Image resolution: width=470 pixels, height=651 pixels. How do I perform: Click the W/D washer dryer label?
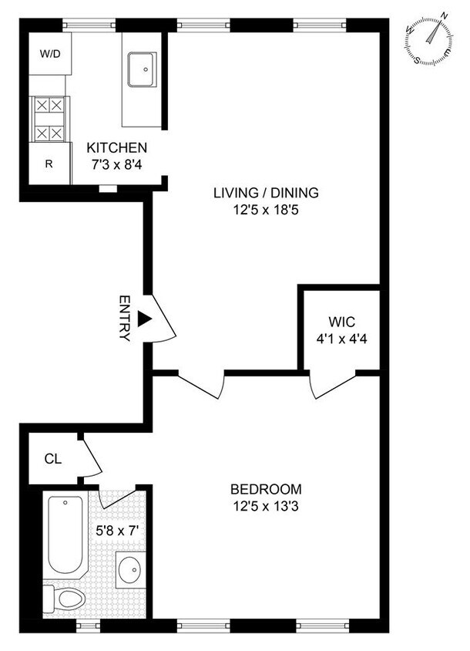pyautogui.click(x=49, y=54)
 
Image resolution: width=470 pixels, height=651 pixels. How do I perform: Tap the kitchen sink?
pyautogui.click(x=142, y=70)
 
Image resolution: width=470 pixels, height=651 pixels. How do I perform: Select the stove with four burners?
pyautogui.click(x=49, y=120)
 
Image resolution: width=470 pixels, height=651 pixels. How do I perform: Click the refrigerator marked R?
pyautogui.click(x=49, y=164)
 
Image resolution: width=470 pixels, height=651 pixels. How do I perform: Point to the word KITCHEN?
pyautogui.click(x=116, y=147)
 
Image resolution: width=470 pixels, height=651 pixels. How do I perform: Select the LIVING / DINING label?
pyautogui.click(x=266, y=193)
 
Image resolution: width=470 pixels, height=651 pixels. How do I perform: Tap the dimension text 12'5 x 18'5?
pyautogui.click(x=266, y=209)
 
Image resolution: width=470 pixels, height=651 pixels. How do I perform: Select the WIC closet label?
pyautogui.click(x=340, y=321)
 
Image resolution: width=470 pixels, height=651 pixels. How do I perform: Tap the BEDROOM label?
pyautogui.click(x=267, y=489)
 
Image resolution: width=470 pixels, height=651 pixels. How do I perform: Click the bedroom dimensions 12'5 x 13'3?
pyautogui.click(x=267, y=505)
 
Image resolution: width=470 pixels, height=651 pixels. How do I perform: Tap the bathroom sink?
pyautogui.click(x=129, y=572)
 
